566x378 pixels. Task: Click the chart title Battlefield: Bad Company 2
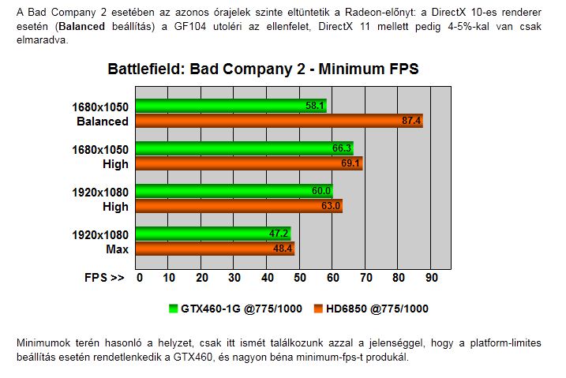click(263, 69)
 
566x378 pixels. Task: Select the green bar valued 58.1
click(231, 106)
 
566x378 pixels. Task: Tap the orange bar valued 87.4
click(279, 121)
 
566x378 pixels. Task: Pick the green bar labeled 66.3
click(245, 148)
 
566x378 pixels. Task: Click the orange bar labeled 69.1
click(249, 163)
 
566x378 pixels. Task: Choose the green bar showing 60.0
click(234, 191)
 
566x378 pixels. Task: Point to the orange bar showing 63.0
click(239, 206)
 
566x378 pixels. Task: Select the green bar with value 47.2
click(213, 234)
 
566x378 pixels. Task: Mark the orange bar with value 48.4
click(216, 249)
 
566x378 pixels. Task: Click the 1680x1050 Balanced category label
click(102, 114)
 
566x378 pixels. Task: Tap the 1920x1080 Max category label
click(102, 241)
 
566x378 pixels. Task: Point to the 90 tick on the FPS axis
click(431, 278)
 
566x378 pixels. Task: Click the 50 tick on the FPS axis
click(301, 278)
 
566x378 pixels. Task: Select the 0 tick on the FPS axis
click(140, 278)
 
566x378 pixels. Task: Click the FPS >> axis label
click(104, 278)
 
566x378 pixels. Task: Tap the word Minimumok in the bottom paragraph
click(41, 344)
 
